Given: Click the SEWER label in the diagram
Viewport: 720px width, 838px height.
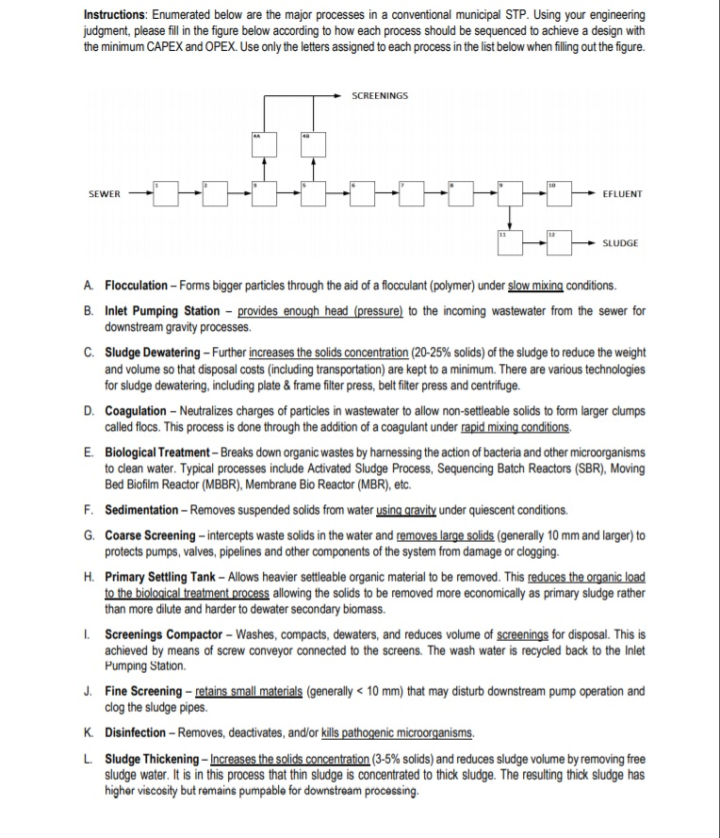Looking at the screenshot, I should (104, 193).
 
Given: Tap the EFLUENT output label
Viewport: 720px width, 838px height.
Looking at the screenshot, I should (621, 193).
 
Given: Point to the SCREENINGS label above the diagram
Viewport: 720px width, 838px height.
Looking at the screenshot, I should (380, 95).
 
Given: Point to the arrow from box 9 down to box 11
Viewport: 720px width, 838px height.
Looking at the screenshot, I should (510, 217).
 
